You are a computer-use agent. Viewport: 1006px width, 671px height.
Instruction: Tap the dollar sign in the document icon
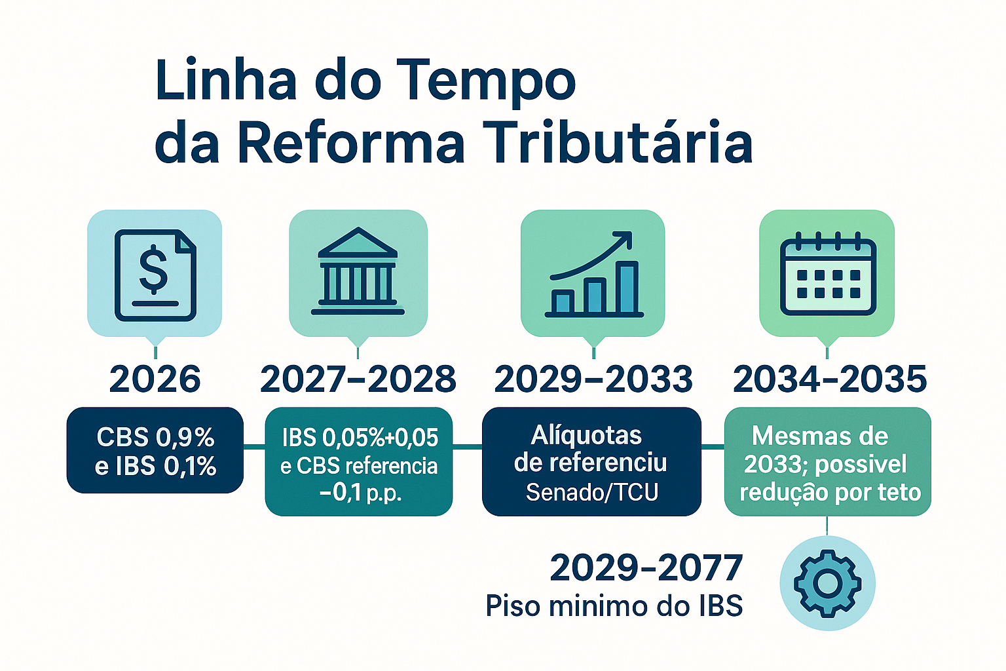coord(154,269)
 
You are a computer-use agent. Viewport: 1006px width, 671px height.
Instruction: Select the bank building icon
coord(358,271)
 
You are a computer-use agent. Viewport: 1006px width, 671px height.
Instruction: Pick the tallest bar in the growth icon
coord(627,287)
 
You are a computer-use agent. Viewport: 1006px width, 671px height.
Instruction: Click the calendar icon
coord(828,274)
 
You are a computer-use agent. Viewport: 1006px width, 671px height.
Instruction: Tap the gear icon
coord(827,583)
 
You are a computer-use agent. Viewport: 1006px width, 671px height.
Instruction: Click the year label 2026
coord(155,379)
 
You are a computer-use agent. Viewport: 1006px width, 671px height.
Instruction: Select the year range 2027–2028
coord(358,379)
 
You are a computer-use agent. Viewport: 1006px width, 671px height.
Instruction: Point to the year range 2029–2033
coord(593,379)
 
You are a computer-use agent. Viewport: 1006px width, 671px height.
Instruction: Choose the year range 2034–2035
coord(830,379)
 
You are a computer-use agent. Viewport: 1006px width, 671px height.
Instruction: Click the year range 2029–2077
coord(646,568)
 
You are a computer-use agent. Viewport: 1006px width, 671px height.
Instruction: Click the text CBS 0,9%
coord(155,437)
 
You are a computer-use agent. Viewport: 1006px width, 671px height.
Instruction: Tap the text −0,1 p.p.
coord(360,493)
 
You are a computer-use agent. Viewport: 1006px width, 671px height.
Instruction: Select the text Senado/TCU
coord(592,492)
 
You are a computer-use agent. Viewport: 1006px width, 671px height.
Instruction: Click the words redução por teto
coord(830,492)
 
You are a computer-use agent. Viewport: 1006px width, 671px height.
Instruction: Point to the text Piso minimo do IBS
coord(614,606)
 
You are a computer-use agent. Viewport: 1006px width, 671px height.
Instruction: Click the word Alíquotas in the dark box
coord(586,435)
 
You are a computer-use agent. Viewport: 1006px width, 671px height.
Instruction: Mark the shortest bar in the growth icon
coord(563,301)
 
